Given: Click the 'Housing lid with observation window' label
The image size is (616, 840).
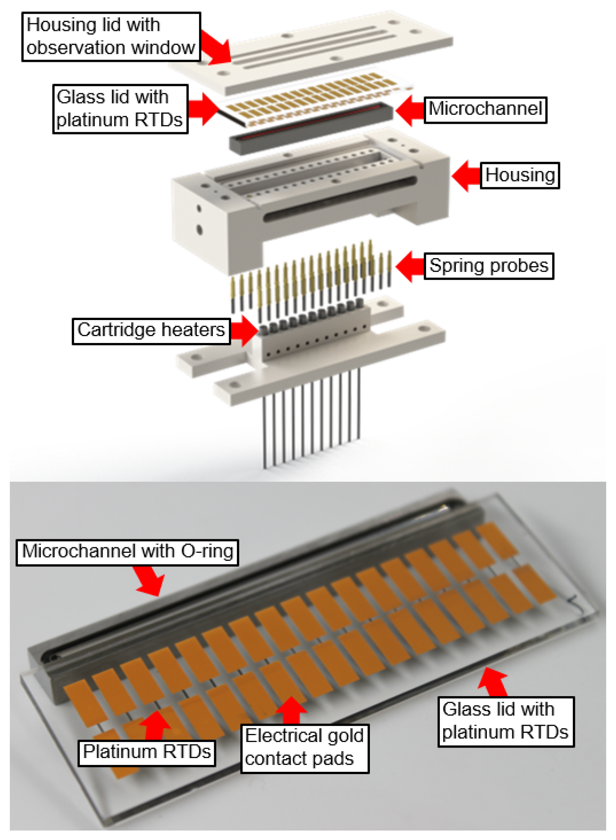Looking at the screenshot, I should pyautogui.click(x=111, y=36).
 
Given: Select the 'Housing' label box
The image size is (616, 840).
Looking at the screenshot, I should pyautogui.click(x=520, y=175).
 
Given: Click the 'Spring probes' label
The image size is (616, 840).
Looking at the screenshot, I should pyautogui.click(x=489, y=266).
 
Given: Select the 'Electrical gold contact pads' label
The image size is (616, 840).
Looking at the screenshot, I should pyautogui.click(x=304, y=748).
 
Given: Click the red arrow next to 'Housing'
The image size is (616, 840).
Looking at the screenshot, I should pyautogui.click(x=466, y=176).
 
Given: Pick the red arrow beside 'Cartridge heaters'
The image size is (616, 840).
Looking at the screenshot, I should pyautogui.click(x=244, y=330).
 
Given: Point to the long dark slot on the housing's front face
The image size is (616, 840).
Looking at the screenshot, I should pyautogui.click(x=339, y=200).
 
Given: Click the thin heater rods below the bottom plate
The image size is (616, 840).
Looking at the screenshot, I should pyautogui.click(x=311, y=418).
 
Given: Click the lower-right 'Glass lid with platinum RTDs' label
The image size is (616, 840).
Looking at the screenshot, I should pyautogui.click(x=506, y=722).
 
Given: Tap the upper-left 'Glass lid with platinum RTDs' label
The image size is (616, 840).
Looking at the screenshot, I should pyautogui.click(x=120, y=109).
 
